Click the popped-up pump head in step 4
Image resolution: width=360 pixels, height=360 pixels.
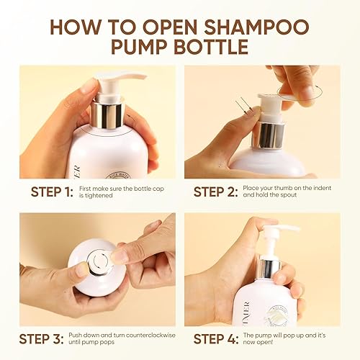tap(277, 233)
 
